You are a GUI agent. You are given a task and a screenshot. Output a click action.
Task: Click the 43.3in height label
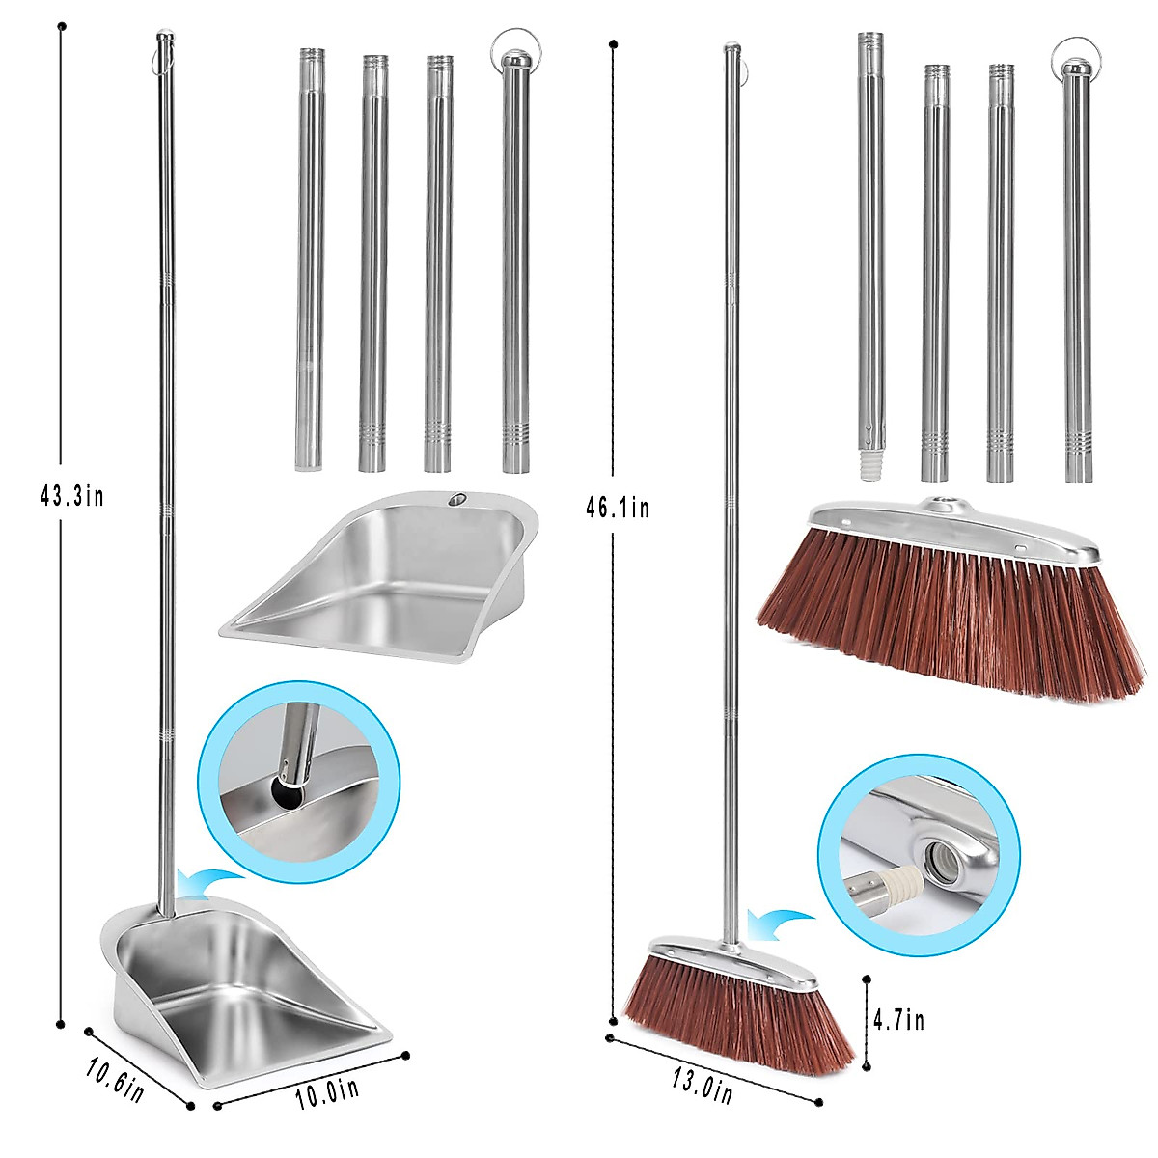pyautogui.click(x=71, y=496)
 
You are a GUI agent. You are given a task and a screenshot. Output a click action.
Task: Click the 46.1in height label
pyautogui.click(x=618, y=506)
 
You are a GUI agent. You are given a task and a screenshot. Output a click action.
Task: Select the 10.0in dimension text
pyautogui.click(x=328, y=1092)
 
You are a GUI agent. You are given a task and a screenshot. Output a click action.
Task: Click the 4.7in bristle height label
pyautogui.click(x=897, y=1019)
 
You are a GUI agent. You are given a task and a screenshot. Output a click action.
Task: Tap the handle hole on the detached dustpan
pyautogui.click(x=456, y=500)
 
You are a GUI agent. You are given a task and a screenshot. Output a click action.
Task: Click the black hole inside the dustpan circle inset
pyautogui.click(x=288, y=795)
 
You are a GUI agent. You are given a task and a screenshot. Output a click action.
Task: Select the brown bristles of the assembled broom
pyautogui.click(x=738, y=1013)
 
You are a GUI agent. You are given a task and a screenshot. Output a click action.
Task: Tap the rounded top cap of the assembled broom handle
pyautogui.click(x=731, y=47)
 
